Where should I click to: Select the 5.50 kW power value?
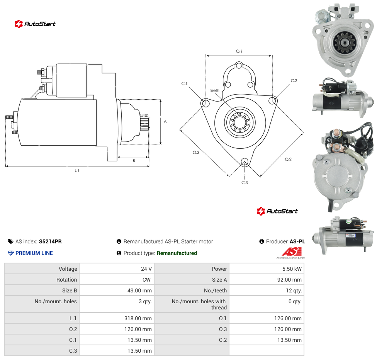(x=292, y=269)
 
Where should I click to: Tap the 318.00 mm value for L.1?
(x=138, y=318)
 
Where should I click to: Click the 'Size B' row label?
(x=70, y=290)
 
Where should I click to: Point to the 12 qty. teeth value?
(x=294, y=290)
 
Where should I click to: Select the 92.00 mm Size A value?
(x=289, y=280)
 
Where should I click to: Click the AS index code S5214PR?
(x=50, y=241)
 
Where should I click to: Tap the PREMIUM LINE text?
(x=34, y=253)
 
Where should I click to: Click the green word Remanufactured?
(x=177, y=253)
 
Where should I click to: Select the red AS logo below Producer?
(x=292, y=252)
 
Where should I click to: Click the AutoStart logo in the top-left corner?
(x=35, y=24)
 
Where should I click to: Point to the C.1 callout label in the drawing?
(x=184, y=83)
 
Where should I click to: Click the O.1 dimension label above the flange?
(x=239, y=51)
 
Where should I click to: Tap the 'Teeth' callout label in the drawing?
(x=214, y=90)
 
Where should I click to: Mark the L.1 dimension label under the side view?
(x=77, y=170)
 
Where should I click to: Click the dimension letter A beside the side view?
(x=165, y=122)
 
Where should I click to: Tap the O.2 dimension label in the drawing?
(x=288, y=160)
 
